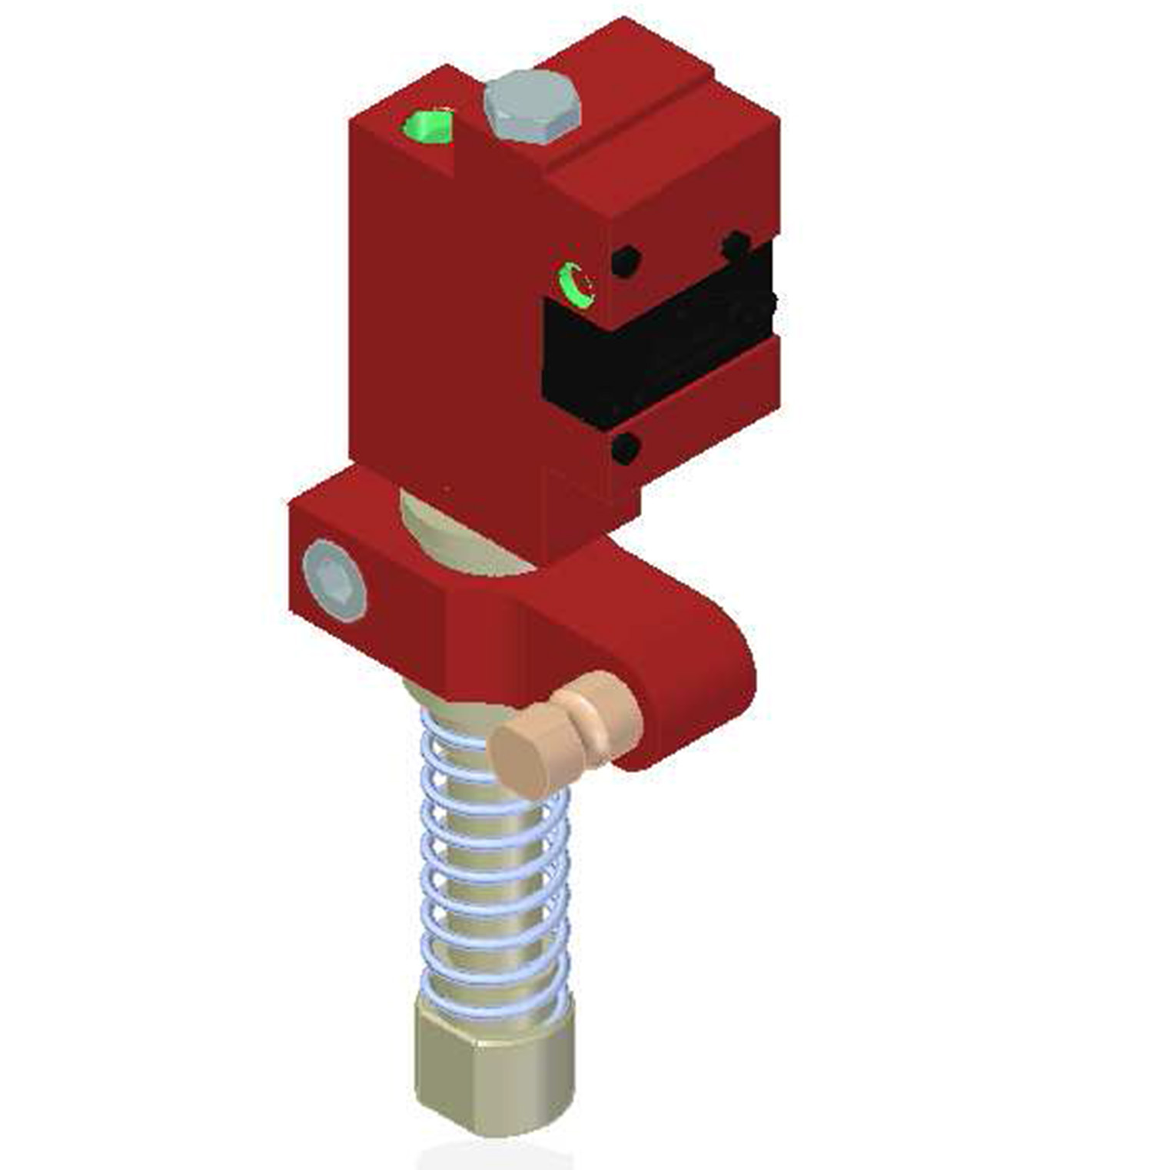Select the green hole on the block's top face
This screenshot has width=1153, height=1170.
(428, 127)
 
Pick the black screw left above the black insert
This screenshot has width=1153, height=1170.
(626, 262)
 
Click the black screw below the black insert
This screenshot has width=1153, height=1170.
(625, 448)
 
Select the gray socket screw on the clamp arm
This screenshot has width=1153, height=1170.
(335, 579)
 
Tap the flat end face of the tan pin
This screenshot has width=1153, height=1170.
(521, 757)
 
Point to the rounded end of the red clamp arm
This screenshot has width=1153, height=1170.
(715, 691)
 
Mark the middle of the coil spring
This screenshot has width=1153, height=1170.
(496, 860)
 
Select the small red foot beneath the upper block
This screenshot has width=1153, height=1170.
(592, 507)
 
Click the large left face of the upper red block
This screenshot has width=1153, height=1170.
(446, 323)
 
